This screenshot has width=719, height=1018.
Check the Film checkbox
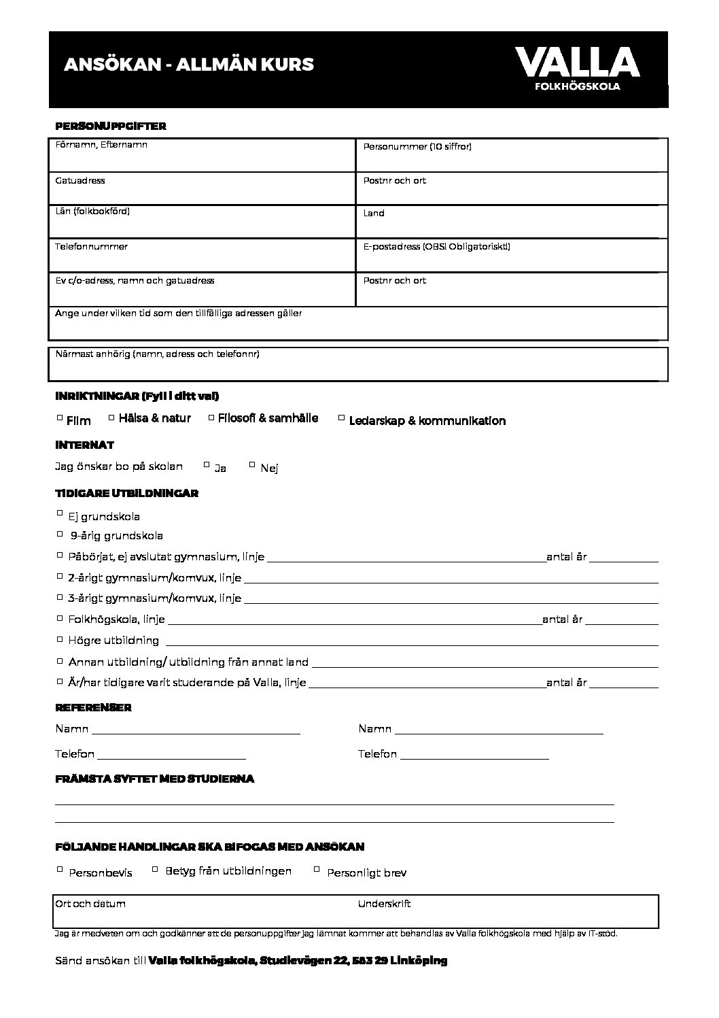60,418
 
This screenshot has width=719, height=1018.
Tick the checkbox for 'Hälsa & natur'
112,417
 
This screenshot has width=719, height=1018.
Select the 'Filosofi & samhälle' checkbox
211,417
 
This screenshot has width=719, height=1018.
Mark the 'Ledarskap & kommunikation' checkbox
341,418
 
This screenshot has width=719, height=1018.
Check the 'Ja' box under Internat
207,465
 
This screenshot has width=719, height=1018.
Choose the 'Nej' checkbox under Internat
252,464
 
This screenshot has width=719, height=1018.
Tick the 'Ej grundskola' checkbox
60,513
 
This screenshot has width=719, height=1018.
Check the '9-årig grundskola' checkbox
60,534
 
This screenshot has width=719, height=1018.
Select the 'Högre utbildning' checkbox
60,639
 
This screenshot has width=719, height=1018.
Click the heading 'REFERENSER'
93,707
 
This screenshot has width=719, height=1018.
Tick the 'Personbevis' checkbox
60,869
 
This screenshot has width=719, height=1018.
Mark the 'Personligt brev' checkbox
317,868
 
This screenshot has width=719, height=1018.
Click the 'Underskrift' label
384,904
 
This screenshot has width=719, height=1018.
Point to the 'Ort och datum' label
90,904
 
